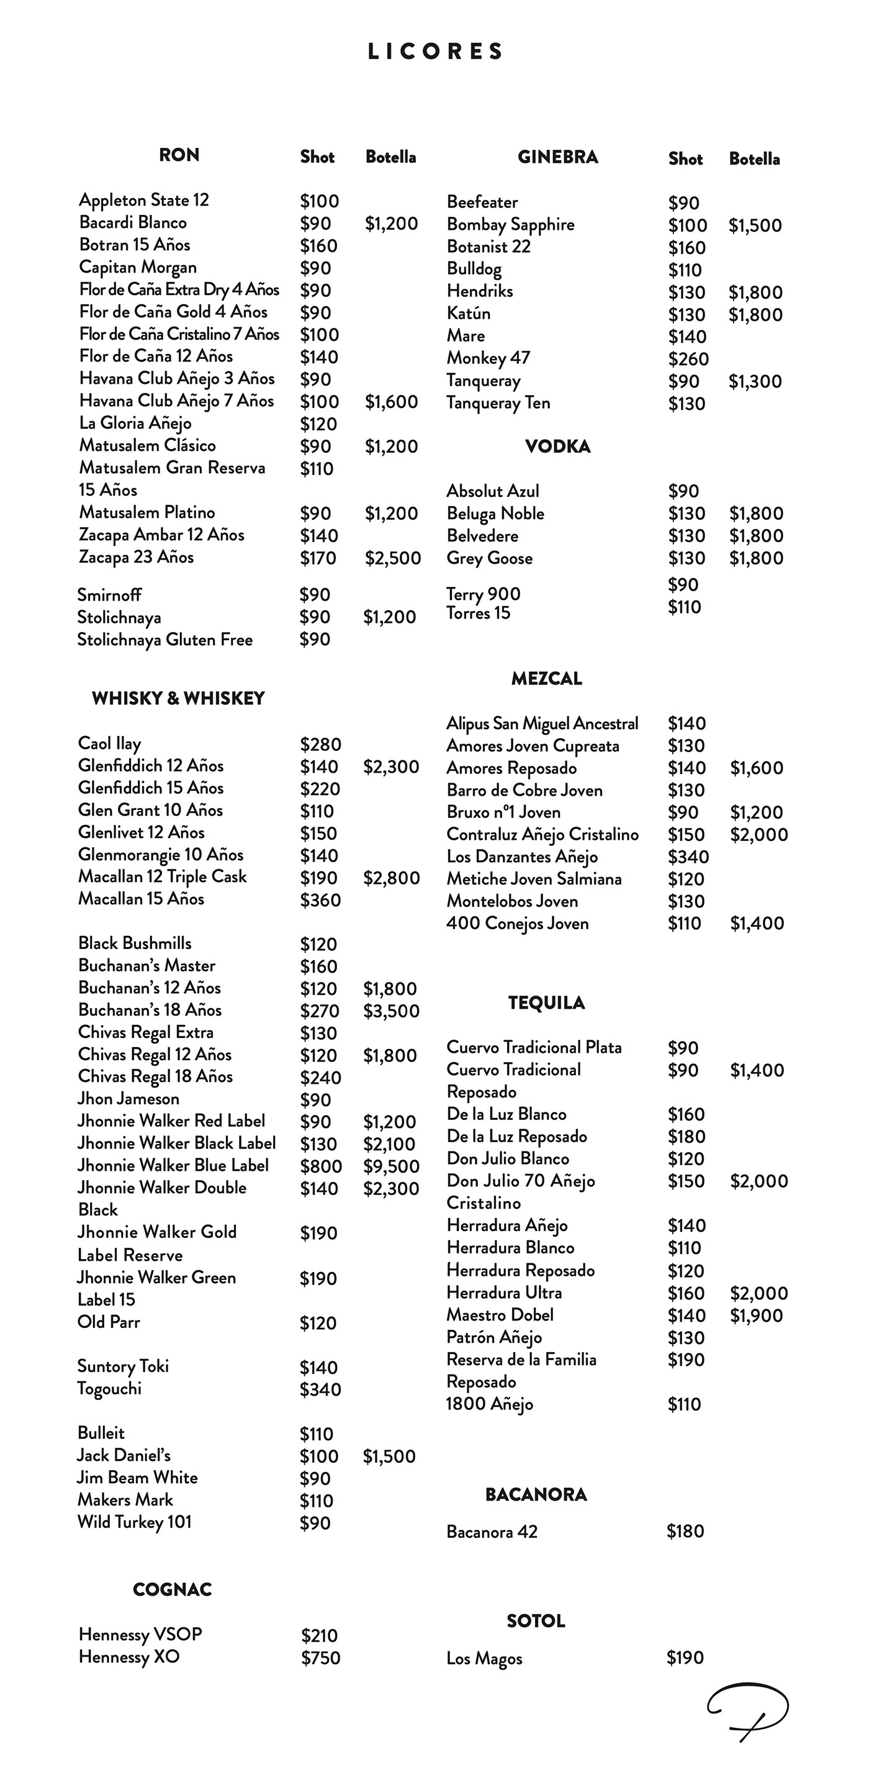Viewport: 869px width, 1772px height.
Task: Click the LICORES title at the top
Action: [435, 52]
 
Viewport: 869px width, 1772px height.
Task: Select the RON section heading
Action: [179, 155]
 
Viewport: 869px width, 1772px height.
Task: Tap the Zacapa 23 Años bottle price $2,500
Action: [392, 558]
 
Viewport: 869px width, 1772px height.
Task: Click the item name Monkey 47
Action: [488, 358]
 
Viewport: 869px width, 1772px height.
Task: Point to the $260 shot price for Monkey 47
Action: [688, 359]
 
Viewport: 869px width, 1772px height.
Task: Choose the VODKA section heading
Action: [557, 447]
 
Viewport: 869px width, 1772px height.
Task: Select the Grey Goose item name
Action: [490, 558]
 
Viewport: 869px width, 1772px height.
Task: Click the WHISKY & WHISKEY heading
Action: [178, 698]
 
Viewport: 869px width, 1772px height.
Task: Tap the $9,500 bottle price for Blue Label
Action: [390, 1166]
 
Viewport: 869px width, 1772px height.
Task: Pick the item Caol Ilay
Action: [109, 743]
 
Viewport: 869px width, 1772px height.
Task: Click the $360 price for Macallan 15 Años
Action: [320, 900]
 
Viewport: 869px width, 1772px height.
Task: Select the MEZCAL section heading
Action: [547, 678]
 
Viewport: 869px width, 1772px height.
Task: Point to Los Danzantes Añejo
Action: [522, 857]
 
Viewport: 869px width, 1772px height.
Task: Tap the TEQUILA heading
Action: [547, 1003]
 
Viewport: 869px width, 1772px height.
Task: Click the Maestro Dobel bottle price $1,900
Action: [756, 1316]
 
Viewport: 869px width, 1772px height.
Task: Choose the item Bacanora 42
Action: [492, 1532]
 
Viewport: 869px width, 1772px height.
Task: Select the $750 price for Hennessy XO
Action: [320, 1658]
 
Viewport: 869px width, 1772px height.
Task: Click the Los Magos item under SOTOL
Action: [484, 1658]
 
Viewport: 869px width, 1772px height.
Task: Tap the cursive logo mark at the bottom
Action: [748, 1711]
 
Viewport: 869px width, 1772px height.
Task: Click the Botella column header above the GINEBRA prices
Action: [754, 159]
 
